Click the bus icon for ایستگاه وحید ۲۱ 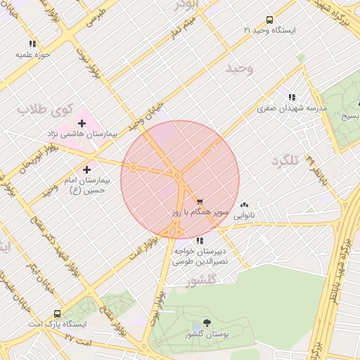coord(269,20)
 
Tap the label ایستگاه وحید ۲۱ coord(269,31)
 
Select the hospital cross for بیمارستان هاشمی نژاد coord(82,123)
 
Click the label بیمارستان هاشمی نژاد coord(82,134)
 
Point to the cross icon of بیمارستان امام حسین coord(86,169)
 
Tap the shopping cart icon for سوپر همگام coord(200,201)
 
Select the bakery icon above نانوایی coord(244,205)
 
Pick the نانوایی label coord(244,214)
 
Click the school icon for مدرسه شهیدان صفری coord(291,97)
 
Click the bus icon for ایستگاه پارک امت coord(57,314)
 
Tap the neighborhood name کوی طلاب coord(46,110)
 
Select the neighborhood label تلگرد coord(285,161)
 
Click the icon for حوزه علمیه coord(32,44)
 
